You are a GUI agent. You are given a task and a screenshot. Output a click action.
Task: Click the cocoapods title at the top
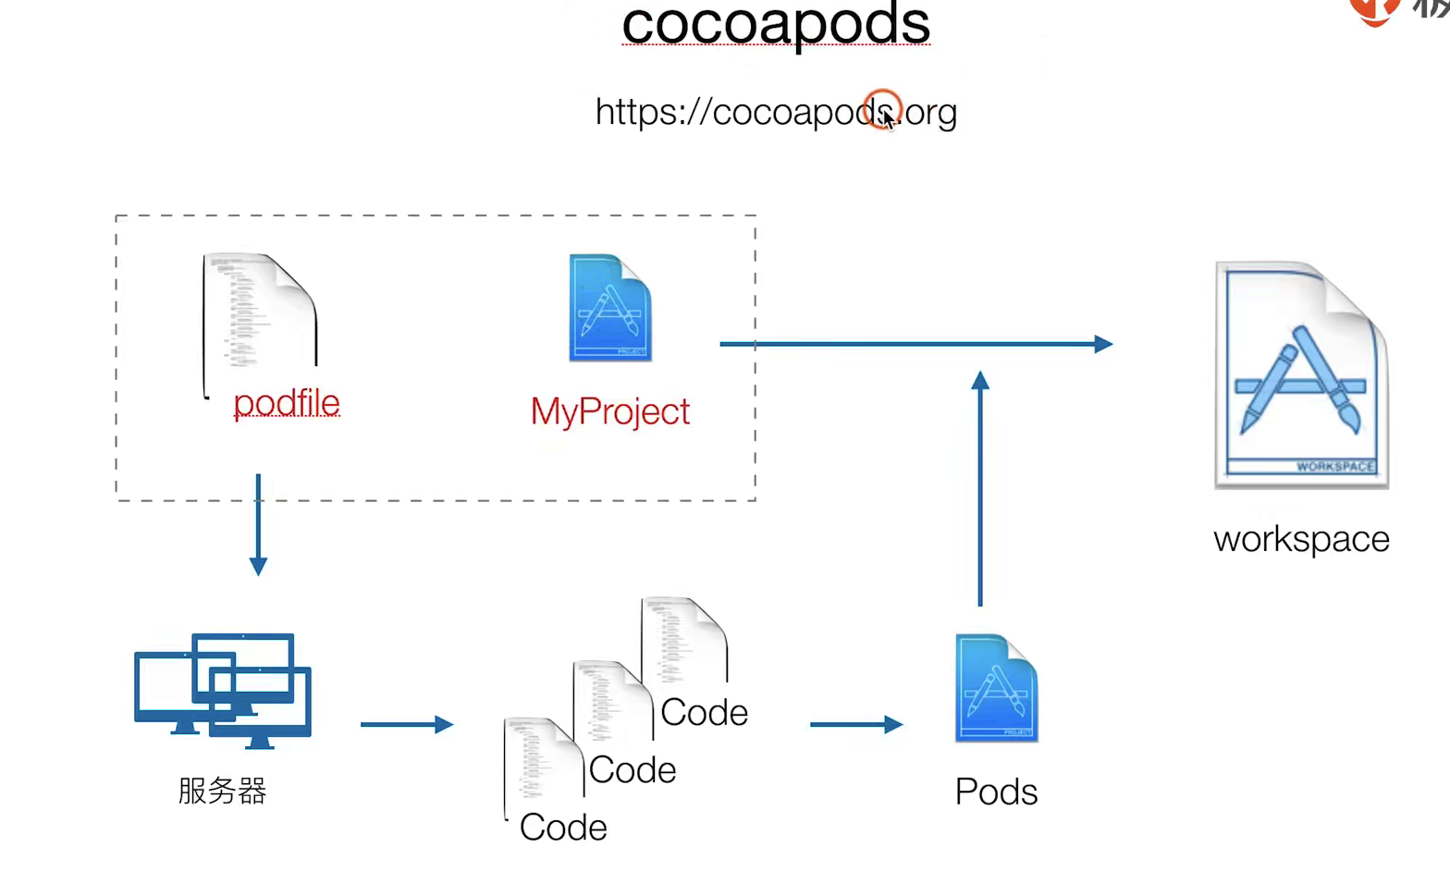click(x=775, y=24)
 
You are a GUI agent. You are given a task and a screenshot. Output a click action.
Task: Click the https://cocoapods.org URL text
click(x=775, y=112)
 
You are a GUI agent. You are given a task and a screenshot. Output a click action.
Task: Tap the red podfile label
click(x=287, y=403)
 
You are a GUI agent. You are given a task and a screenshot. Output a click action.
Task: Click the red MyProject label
click(x=609, y=411)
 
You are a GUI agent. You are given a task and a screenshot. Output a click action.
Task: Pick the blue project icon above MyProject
click(x=609, y=308)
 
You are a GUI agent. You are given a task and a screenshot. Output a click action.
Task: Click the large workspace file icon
click(x=1301, y=374)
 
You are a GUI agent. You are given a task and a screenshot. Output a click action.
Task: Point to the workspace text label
click(x=1301, y=539)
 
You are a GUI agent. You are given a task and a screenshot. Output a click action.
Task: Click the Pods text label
click(x=996, y=792)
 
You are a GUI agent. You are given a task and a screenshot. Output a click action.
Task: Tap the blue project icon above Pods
click(x=996, y=688)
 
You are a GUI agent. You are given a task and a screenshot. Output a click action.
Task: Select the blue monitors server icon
click(x=223, y=689)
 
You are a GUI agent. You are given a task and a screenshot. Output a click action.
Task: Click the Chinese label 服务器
click(x=222, y=791)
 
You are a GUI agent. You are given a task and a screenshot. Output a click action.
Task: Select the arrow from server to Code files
click(x=406, y=724)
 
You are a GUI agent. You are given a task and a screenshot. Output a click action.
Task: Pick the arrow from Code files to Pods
click(x=855, y=724)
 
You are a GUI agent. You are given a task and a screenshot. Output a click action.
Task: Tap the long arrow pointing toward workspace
click(x=915, y=344)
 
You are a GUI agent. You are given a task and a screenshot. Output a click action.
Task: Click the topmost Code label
click(x=704, y=713)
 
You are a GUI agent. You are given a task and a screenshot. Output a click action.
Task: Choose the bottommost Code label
click(x=563, y=828)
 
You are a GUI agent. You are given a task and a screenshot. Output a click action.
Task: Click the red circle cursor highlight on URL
click(x=881, y=109)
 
